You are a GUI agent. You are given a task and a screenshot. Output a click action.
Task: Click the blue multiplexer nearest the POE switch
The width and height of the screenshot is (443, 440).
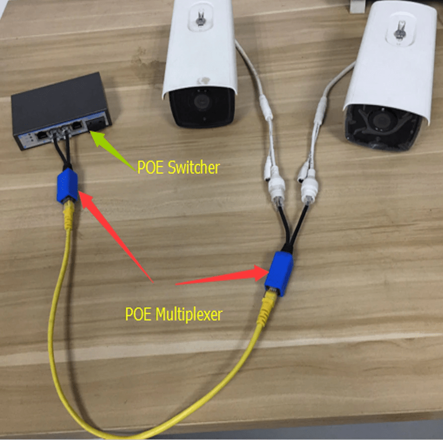(67, 185)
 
